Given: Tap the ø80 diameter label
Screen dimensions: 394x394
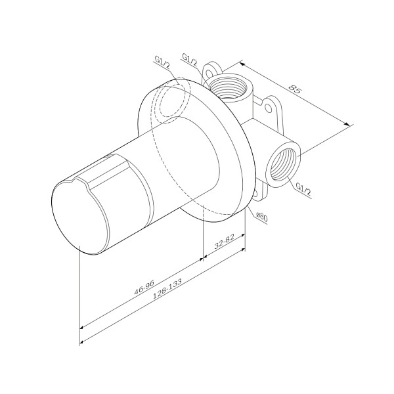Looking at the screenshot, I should click(x=261, y=216).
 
